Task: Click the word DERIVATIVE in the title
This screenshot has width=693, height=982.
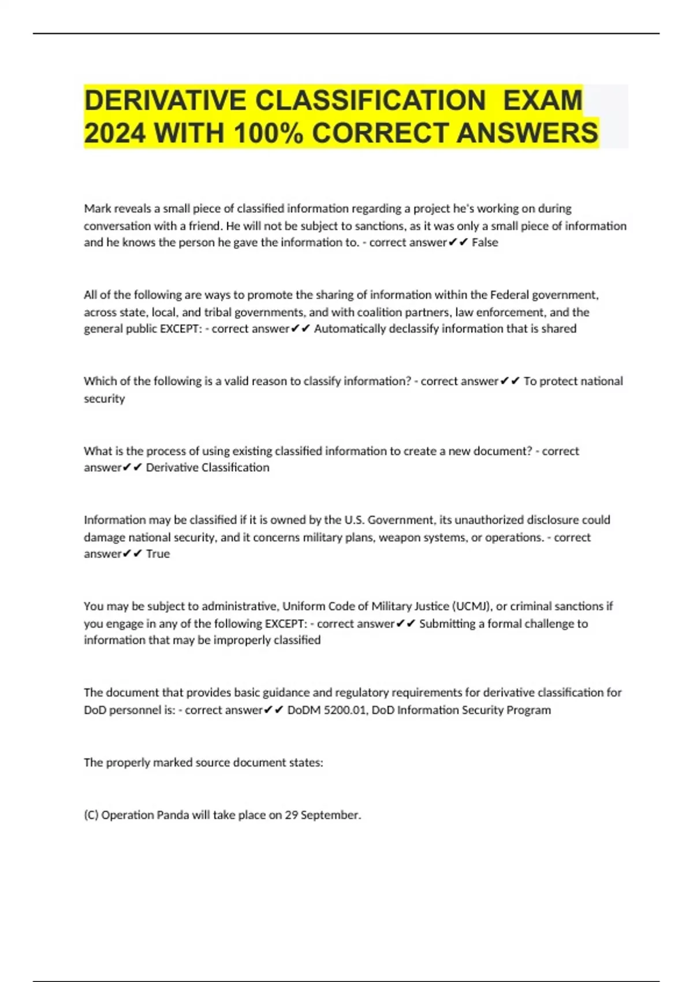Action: [165, 101]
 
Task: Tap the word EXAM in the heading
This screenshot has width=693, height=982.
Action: [542, 101]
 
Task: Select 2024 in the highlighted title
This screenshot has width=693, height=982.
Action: [114, 133]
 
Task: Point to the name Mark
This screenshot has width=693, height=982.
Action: [97, 209]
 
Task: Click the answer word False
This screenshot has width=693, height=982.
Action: [485, 243]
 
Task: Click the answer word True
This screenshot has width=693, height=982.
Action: [158, 554]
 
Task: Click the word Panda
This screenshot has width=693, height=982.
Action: [173, 815]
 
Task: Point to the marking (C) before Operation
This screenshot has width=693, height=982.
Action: [91, 815]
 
